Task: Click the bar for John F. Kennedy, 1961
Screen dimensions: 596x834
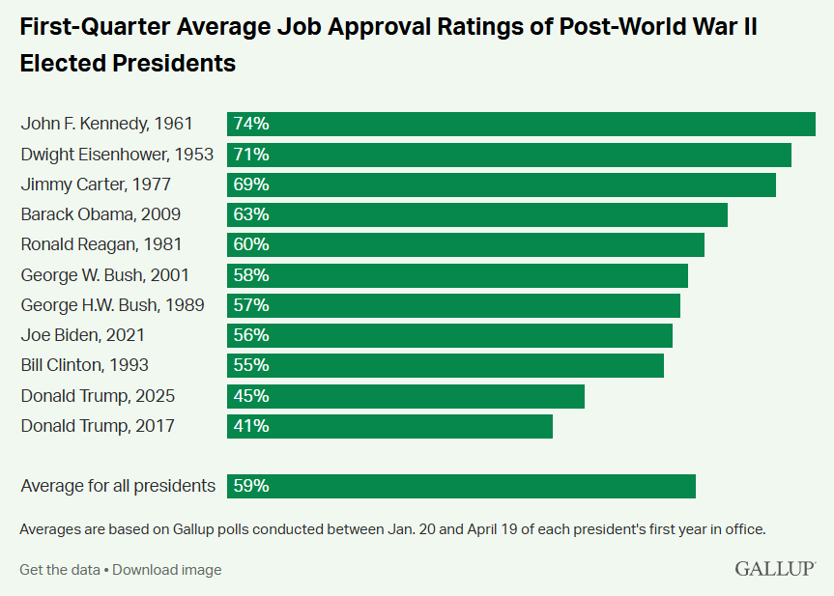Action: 522,124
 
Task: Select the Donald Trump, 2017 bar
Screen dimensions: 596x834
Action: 390,426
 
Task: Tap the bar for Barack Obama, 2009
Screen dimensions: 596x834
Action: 477,214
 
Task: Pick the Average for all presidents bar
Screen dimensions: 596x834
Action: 462,486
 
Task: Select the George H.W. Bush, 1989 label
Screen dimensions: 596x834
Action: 112,305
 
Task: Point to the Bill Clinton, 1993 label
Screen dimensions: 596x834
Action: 85,365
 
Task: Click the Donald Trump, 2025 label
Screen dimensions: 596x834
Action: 98,396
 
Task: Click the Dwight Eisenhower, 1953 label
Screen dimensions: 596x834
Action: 116,155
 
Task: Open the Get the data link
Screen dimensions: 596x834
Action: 59,569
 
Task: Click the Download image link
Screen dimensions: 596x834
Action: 167,569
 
